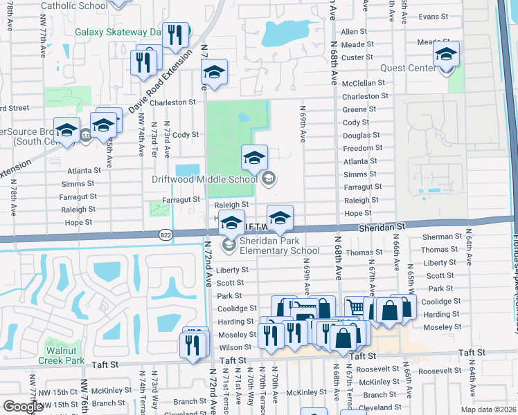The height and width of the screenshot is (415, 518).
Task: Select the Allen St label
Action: (354, 32)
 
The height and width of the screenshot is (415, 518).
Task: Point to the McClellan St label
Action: (364, 83)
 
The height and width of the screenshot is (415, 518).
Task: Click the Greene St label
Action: (359, 109)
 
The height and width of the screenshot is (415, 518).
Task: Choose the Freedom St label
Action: (363, 148)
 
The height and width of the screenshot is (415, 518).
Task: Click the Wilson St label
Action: (236, 347)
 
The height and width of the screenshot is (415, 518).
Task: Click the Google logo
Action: (23, 406)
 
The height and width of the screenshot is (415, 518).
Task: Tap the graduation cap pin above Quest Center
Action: (447, 55)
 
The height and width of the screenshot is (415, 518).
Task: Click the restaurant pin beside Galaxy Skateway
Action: (175, 35)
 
